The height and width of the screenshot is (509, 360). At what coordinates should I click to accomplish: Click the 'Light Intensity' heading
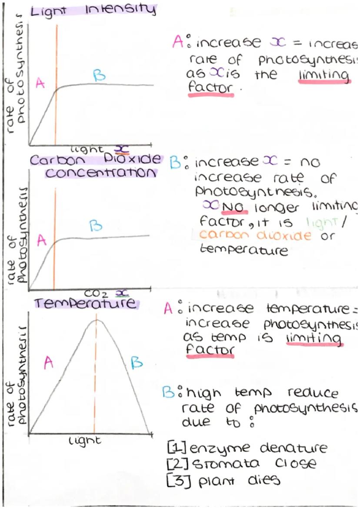pyautogui.click(x=92, y=10)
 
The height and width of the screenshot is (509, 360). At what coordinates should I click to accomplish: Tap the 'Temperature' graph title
pyautogui.click(x=85, y=303)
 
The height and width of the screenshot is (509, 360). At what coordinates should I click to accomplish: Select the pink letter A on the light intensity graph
pyautogui.click(x=40, y=83)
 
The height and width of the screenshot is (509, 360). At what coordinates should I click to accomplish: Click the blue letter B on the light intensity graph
pyautogui.click(x=99, y=76)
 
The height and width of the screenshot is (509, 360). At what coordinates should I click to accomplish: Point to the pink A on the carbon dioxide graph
pyautogui.click(x=42, y=240)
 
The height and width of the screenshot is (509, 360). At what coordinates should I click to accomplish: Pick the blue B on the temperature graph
pyautogui.click(x=137, y=363)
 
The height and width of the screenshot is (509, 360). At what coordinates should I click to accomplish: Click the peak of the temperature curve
pyautogui.click(x=97, y=320)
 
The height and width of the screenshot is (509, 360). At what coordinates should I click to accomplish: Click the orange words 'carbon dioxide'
pyautogui.click(x=256, y=236)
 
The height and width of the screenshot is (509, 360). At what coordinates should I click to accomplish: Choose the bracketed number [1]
pyautogui.click(x=176, y=447)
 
